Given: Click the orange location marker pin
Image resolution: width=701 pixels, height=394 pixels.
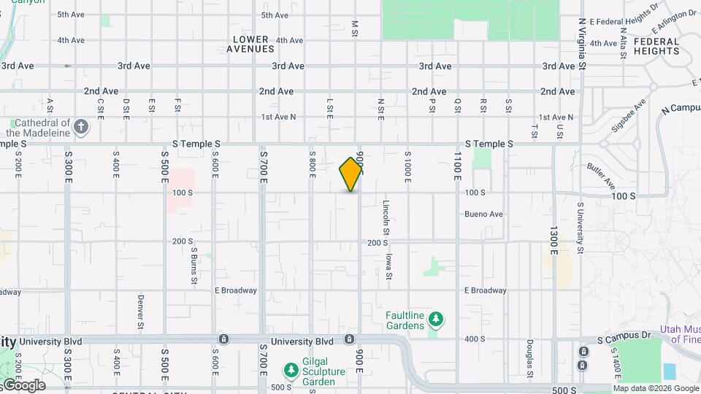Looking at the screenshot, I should tap(351, 174).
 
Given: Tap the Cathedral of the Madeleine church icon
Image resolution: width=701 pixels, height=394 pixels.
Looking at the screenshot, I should tap(82, 128).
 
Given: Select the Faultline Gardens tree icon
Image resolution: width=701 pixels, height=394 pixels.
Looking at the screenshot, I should tap(436, 319).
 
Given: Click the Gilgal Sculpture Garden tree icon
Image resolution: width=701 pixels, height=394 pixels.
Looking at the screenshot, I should tap(291, 370).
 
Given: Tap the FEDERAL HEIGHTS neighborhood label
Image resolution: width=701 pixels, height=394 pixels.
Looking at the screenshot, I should tap(656, 46).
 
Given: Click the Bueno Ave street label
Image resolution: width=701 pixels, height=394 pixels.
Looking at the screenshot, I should tap(483, 215).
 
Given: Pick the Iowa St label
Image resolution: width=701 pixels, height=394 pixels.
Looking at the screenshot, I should tap(389, 266).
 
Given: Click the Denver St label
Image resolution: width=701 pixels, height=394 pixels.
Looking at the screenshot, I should tap(139, 311).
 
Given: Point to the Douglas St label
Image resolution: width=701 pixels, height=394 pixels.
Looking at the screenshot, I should tap(529, 355).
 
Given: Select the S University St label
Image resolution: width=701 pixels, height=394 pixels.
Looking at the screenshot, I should tap(580, 228).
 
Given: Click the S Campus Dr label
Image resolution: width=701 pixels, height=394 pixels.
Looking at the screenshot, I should tap(624, 340).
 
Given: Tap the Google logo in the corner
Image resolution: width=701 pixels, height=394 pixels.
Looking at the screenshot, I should tap(23, 385).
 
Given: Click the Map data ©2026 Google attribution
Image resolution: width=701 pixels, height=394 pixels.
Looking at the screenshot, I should tap(656, 388).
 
